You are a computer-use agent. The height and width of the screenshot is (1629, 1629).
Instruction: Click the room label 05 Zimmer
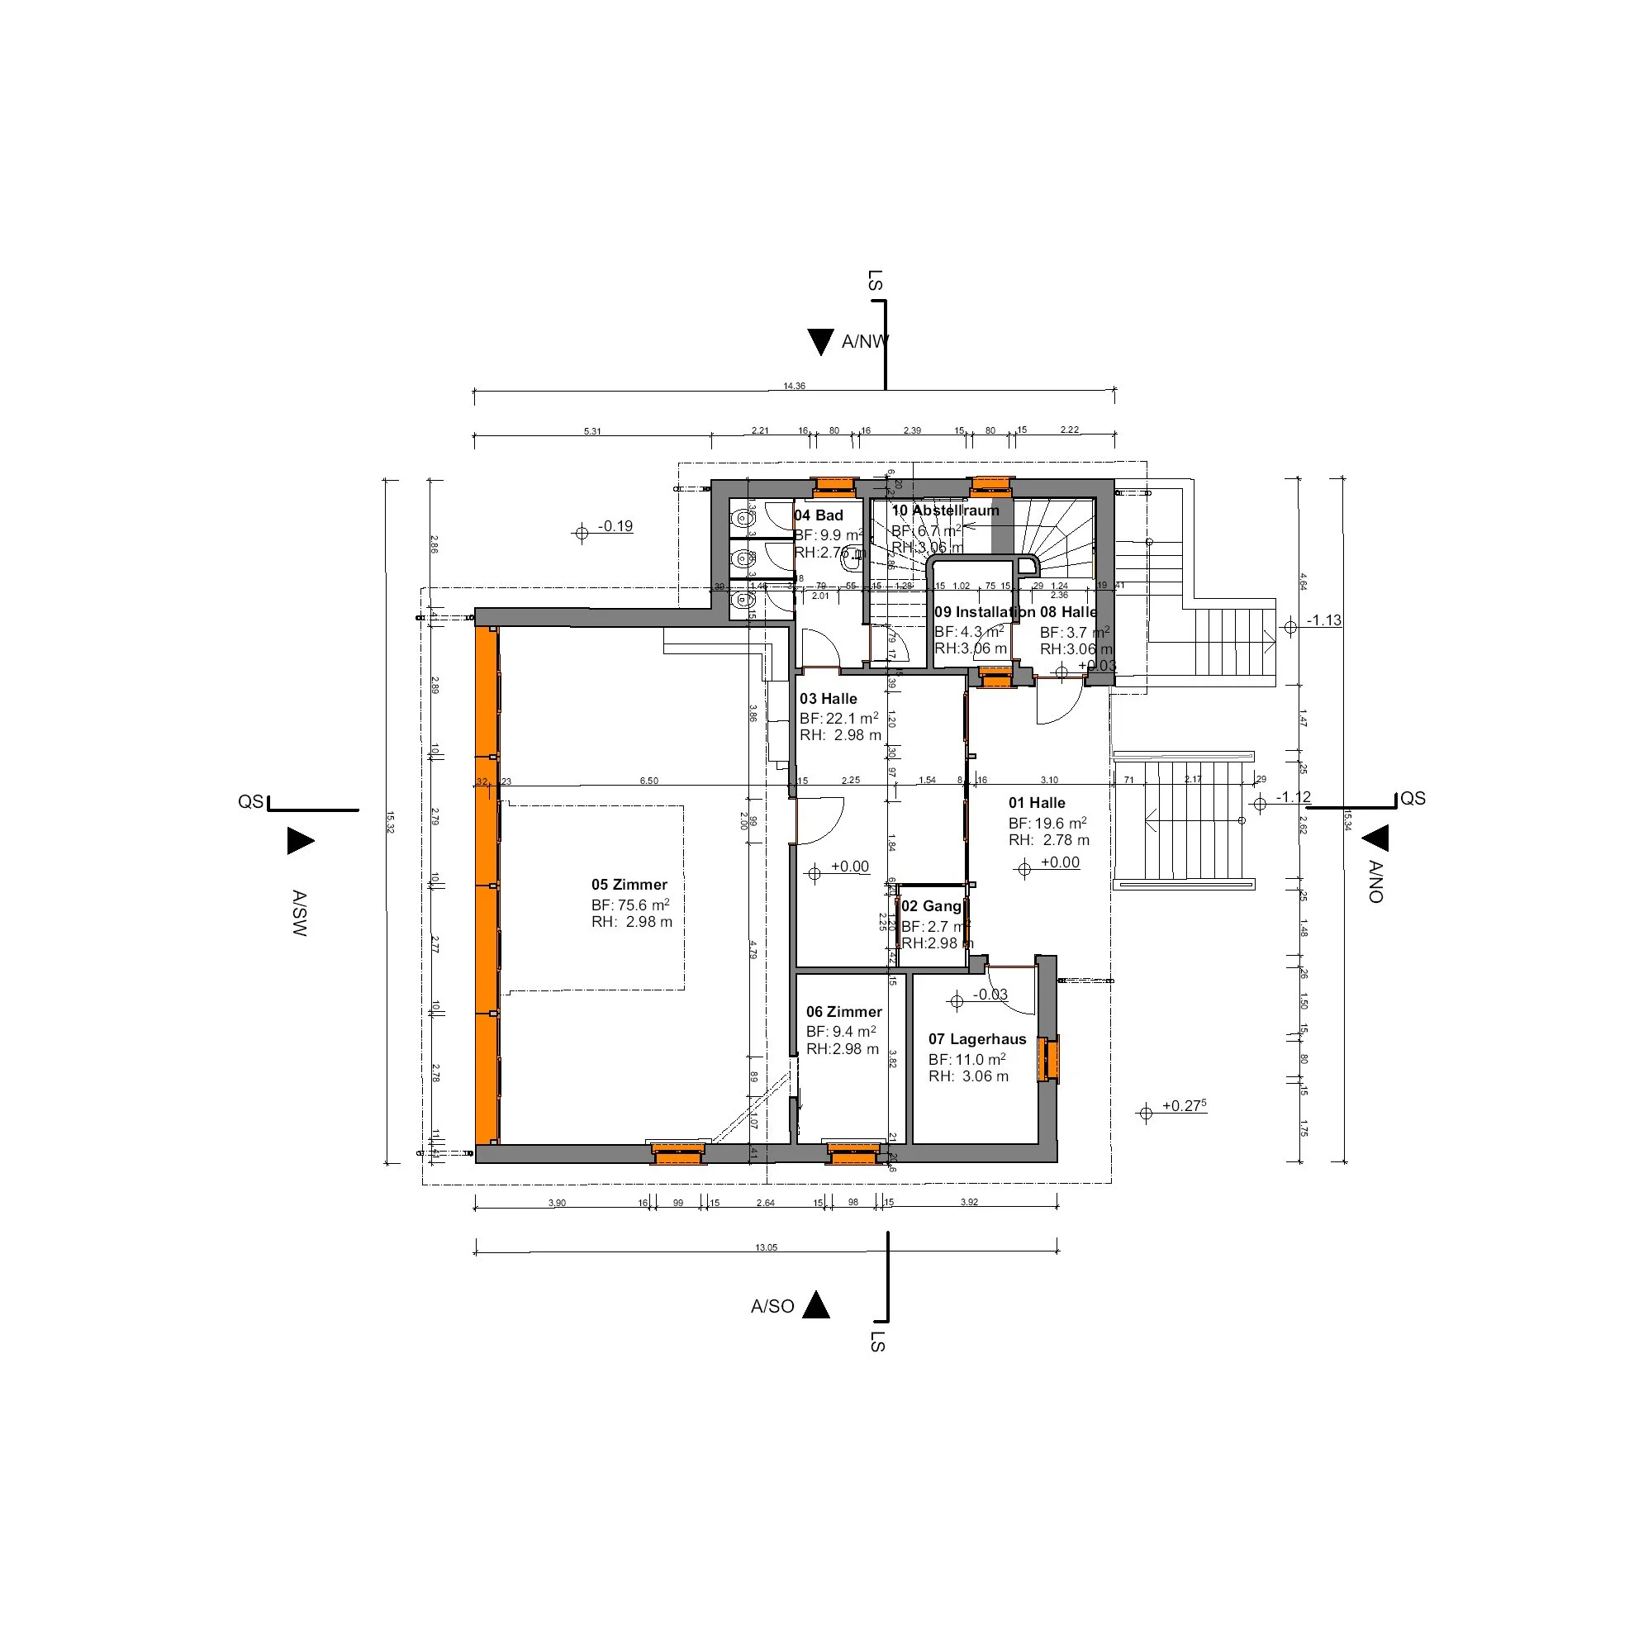coord(629,885)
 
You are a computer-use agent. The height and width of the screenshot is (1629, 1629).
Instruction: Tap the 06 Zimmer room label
coord(843,1012)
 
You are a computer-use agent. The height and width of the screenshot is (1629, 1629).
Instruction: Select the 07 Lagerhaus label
coord(977,1040)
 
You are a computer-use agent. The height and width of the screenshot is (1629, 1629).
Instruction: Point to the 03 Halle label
coord(828,699)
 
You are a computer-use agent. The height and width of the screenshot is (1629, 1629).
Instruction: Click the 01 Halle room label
coord(1036,804)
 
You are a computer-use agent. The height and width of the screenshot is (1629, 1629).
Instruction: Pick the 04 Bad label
coord(818,516)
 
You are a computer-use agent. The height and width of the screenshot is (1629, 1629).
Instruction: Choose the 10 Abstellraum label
coord(945,511)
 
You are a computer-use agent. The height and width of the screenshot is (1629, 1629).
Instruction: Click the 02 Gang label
coord(931,906)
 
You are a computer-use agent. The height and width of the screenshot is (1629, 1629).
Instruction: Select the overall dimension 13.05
coord(766,1247)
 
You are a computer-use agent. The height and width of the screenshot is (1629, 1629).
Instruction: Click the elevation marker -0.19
coord(615,526)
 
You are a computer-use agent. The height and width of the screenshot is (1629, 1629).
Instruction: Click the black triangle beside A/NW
coord(820,341)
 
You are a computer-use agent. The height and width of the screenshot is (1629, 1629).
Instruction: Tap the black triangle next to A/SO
coord(816,1305)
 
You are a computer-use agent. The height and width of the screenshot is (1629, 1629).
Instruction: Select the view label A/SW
coord(299,912)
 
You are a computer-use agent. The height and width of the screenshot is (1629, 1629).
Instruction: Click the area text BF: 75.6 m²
coord(629,905)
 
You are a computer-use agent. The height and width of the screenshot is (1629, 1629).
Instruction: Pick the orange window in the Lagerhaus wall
coord(1050,1058)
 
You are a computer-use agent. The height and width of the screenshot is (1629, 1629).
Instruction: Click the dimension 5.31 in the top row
coord(592,432)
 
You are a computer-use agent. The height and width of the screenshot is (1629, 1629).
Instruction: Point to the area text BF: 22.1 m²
coord(838,719)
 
